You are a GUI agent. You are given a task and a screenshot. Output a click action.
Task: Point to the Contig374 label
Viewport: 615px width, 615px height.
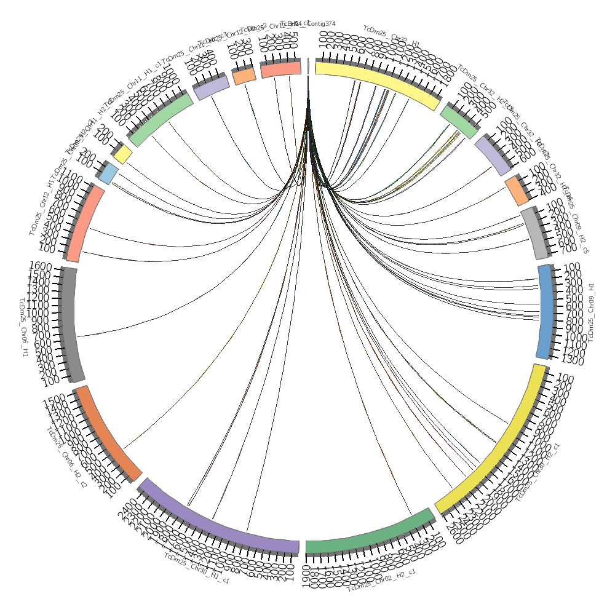(x=321, y=23)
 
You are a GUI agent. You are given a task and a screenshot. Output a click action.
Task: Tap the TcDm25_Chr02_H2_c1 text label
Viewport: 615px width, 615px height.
(x=381, y=581)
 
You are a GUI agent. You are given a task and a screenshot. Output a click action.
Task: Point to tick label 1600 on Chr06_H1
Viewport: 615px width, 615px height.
(x=41, y=266)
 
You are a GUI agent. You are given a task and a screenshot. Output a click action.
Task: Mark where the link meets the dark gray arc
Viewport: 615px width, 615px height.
(x=77, y=336)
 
